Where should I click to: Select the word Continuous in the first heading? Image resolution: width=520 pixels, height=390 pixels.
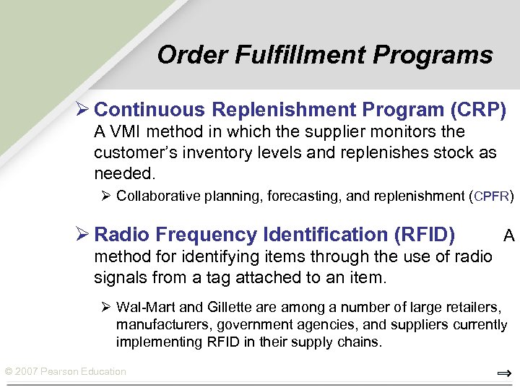point(149,110)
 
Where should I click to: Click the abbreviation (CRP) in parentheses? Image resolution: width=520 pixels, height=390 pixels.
point(477,110)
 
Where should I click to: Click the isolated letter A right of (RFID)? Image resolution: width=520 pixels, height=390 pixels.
point(508,235)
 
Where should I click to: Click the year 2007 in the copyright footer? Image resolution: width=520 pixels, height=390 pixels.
point(27,372)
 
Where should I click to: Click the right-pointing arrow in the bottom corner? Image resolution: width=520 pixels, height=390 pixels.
point(504,373)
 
